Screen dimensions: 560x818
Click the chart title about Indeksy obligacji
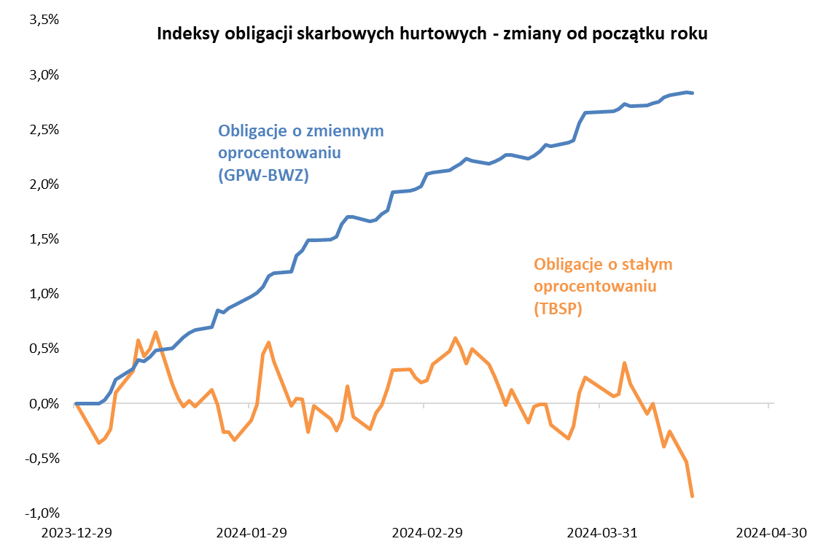432,34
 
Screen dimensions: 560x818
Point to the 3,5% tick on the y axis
43,20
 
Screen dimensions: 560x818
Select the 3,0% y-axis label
43,74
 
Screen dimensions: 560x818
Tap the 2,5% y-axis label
43,129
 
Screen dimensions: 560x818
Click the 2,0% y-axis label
43,184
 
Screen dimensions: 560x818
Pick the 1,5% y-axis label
43,238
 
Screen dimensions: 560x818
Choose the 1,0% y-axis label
43,293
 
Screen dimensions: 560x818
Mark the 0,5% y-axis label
43,348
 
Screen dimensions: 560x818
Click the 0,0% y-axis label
43,403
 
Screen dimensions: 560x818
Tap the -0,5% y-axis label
42,458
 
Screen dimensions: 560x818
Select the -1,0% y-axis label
42,513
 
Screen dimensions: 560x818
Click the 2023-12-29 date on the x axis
76,533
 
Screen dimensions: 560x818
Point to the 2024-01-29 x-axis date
252,533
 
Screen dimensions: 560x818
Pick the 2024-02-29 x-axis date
427,533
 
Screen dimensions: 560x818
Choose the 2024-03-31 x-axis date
602,533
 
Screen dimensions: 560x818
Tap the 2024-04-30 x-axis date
771,533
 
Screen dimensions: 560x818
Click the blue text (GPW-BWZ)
264,176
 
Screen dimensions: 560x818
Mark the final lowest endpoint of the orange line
692,496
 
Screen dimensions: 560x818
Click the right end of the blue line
692,93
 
